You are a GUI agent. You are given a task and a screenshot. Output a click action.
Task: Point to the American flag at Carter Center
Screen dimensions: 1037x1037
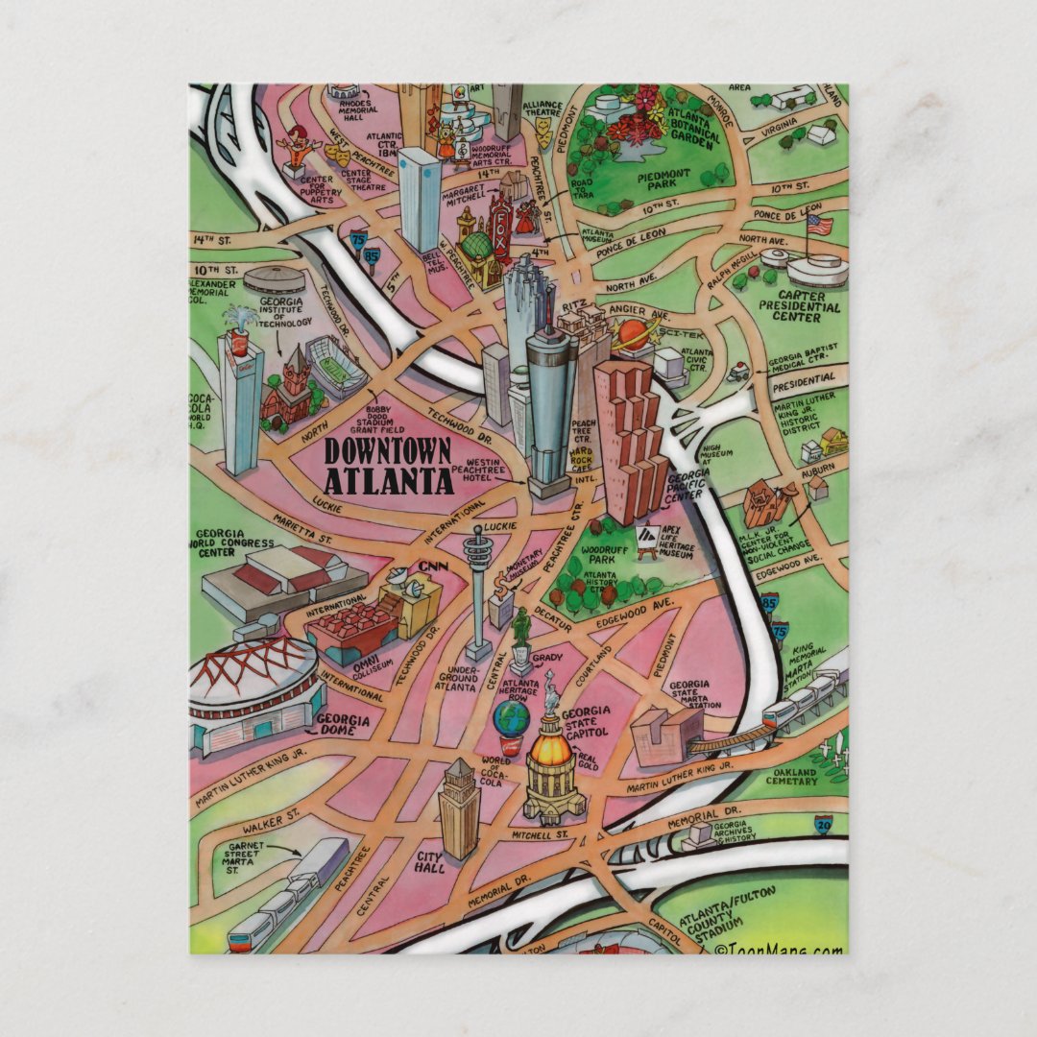tap(820, 226)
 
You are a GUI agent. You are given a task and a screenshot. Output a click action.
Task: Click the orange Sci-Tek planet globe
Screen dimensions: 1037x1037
tap(631, 335)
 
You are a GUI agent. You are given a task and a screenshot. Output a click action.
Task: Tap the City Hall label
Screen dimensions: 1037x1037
tap(428, 861)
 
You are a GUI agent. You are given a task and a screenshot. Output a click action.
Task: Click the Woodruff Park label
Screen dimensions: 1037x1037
tap(603, 556)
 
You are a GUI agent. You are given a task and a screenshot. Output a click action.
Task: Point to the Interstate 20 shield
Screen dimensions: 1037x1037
tap(824, 823)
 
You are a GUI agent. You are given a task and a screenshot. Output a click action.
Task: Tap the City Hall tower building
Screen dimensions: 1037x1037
tap(459, 807)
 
